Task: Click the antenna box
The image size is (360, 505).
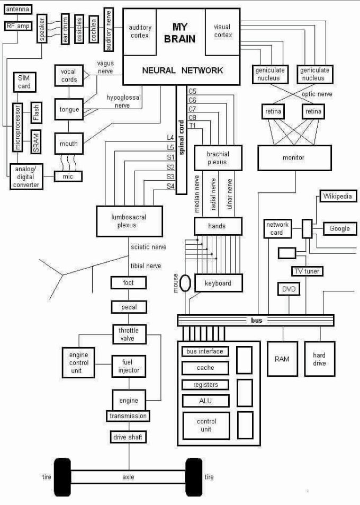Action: (x=17, y=10)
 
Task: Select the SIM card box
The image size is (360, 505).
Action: (x=24, y=82)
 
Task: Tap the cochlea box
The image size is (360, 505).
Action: (x=93, y=30)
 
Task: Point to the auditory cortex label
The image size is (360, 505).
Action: (x=140, y=32)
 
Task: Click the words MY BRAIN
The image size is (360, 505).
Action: (x=179, y=33)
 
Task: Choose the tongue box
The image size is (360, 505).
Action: (x=69, y=110)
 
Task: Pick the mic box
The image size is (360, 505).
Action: (x=68, y=176)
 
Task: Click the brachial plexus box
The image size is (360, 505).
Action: (x=218, y=158)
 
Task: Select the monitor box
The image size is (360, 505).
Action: (x=294, y=158)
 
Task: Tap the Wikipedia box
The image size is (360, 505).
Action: (x=338, y=196)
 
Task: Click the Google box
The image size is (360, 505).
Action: (x=340, y=229)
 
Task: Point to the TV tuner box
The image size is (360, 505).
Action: (x=307, y=271)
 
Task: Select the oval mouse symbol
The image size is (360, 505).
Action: (x=185, y=283)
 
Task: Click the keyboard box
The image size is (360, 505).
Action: (x=219, y=283)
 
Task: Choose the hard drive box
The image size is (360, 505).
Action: (x=319, y=359)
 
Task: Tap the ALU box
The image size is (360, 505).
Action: (x=205, y=401)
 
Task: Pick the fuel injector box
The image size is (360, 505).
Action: (x=129, y=366)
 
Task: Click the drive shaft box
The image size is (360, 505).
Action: (x=128, y=437)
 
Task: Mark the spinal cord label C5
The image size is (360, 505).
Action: (x=192, y=92)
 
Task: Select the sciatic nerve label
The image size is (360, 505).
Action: (x=148, y=247)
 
